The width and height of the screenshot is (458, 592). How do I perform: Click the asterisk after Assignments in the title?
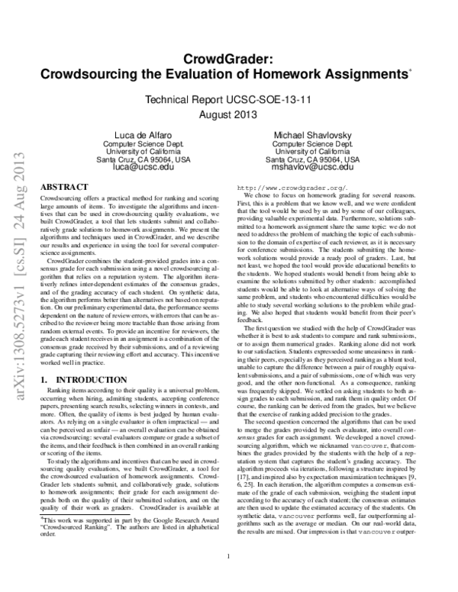(411, 71)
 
